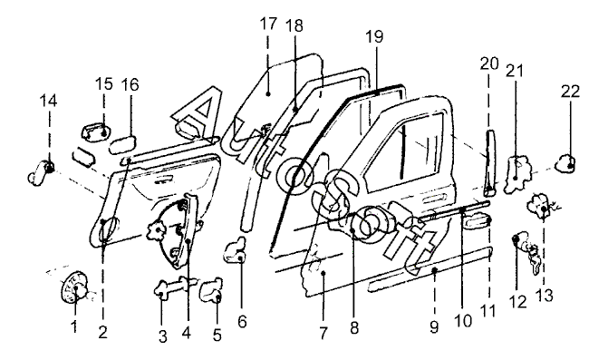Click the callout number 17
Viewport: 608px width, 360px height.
[269, 24]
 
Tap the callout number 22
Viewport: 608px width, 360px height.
[570, 92]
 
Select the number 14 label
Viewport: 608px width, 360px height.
[48, 101]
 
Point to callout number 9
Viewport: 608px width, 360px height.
[434, 327]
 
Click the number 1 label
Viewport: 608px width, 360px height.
[74, 326]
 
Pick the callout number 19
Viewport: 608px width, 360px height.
[374, 36]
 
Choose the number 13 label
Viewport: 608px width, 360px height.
[545, 296]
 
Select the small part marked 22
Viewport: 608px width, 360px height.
[565, 162]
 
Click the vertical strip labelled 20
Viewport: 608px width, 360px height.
[490, 162]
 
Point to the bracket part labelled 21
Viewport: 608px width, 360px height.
[517, 174]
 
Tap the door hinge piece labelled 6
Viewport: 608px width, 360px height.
[236, 250]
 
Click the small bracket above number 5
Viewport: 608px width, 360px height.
[211, 290]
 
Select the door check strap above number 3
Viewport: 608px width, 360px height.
[177, 286]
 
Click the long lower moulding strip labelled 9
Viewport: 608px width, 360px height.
[429, 268]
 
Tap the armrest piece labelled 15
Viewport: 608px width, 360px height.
[96, 131]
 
